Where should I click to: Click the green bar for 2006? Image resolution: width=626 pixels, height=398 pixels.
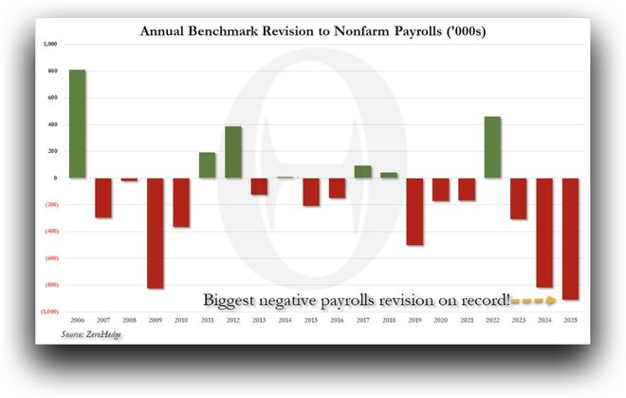coord(78,123)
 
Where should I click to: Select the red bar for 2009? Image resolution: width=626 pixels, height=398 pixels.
coord(155,233)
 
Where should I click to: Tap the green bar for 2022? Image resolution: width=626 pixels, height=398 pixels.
coord(491,147)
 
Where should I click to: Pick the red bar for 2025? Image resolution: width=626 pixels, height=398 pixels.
coord(569,238)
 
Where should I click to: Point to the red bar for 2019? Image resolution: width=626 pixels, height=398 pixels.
coord(414,211)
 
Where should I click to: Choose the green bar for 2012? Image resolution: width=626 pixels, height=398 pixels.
coord(232,152)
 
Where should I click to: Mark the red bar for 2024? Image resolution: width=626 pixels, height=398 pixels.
coord(543,232)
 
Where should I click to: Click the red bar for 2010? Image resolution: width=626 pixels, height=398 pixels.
coord(181,202)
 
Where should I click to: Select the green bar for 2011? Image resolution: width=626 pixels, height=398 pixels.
coord(207,165)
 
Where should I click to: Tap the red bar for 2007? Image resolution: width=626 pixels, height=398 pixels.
coord(103,198)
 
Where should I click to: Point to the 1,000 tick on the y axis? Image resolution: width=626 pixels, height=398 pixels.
coord(50,44)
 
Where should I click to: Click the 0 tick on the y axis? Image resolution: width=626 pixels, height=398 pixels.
coord(55,178)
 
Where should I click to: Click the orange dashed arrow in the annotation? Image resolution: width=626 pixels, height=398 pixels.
coord(533,300)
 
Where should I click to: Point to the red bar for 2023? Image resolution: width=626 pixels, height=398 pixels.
coord(518,199)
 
